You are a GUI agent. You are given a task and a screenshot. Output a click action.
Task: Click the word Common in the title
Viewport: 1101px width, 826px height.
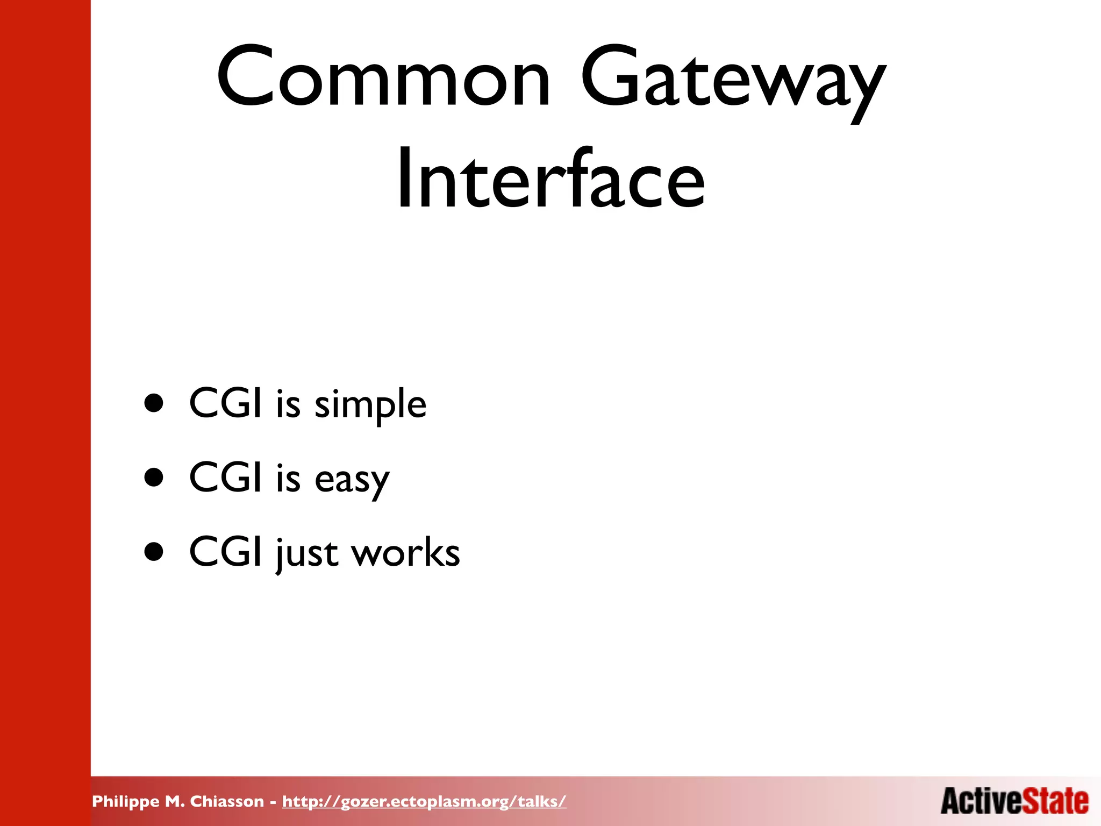click(383, 78)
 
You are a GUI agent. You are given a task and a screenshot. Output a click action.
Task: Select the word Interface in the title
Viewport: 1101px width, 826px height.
click(550, 178)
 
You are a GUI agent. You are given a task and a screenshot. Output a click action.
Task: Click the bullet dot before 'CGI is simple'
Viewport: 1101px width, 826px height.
click(154, 403)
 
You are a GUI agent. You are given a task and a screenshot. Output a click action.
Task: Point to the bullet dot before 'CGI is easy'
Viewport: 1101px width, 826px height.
click(154, 478)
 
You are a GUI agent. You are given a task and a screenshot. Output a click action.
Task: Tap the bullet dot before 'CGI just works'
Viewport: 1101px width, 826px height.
click(154, 552)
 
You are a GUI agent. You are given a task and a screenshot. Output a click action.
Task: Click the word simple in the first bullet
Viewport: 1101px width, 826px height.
click(370, 404)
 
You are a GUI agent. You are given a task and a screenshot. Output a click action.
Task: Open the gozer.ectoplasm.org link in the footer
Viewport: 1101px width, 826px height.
click(424, 802)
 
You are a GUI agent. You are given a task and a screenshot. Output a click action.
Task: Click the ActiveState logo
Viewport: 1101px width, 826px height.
click(1014, 801)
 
